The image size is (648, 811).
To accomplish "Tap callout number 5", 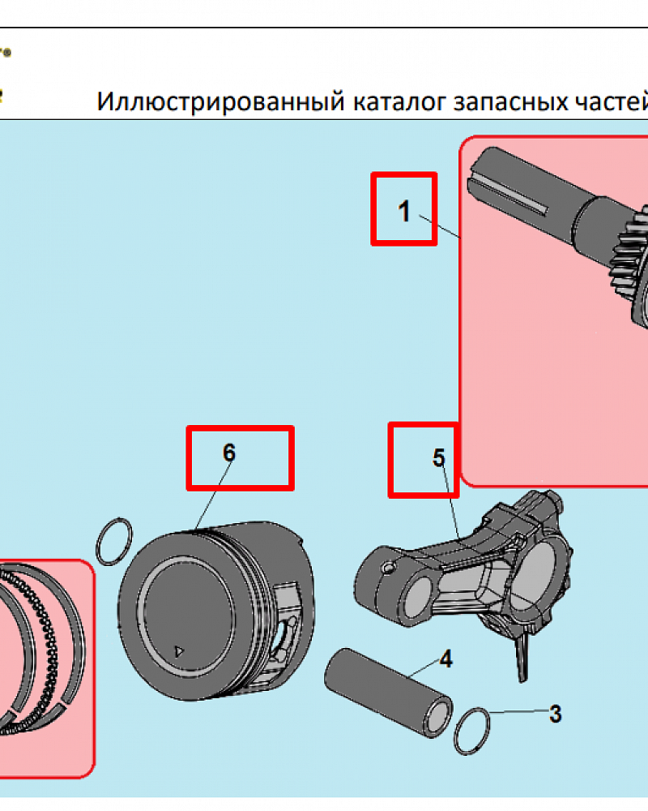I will pos(438,458).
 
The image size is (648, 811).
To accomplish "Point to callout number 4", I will pos(445,659).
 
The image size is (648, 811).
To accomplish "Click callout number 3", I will pos(555,714).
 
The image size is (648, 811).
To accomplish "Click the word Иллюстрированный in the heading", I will pos(220,103).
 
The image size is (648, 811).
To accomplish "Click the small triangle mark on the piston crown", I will pos(180,650).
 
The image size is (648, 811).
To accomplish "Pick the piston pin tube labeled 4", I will pos(389,687).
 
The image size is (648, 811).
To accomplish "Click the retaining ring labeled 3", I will pos(473,730).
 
